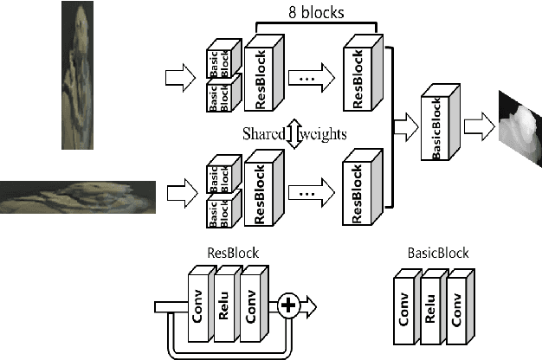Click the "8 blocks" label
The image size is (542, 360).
[x=316, y=13]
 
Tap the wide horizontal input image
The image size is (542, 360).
[x=78, y=197]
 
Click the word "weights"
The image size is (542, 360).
[x=324, y=136]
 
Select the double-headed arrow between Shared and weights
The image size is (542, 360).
[x=294, y=136]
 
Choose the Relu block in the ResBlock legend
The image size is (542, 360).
[x=224, y=305]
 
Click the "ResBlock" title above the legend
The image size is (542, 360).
[x=232, y=254]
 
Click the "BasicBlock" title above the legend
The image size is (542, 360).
[x=437, y=254]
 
